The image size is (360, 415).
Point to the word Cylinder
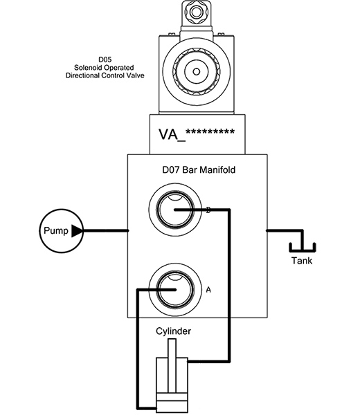point(173,331)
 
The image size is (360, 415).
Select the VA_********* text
point(198,133)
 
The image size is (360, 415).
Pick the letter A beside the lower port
point(208,290)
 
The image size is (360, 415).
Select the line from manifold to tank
point(284,230)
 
